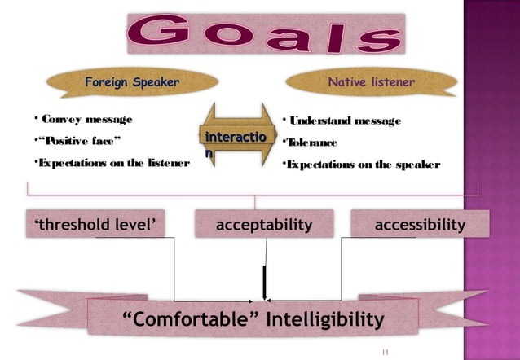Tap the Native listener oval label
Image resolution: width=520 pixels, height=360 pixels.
tap(371, 82)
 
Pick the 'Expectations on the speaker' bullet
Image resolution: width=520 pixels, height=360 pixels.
tap(359, 165)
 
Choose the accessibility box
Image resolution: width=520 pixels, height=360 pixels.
tap(420, 224)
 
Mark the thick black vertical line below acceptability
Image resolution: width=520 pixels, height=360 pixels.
tap(263, 282)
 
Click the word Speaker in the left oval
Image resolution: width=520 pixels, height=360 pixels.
tap(152, 82)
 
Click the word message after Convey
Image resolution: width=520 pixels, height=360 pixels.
tap(102, 121)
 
